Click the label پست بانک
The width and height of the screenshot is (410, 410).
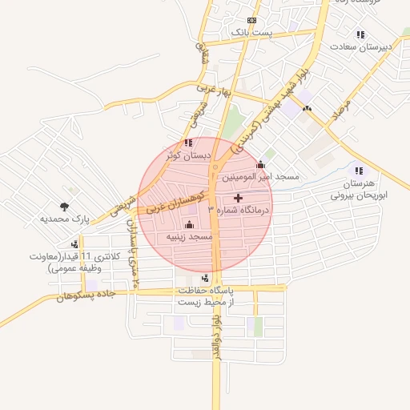tap(251, 32)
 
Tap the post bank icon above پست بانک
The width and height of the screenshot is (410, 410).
tap(251, 20)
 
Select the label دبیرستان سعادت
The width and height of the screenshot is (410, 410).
tap(366, 46)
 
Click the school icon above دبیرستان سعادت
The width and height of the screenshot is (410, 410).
tap(360, 34)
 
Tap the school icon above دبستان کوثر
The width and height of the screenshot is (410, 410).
tap(187, 143)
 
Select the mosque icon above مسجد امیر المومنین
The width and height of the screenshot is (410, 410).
tap(259, 164)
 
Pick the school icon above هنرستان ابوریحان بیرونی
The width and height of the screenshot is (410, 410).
tap(359, 170)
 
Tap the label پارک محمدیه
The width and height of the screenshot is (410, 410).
tap(63, 218)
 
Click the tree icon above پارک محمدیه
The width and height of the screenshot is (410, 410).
tap(64, 206)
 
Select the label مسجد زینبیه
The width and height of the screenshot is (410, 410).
tap(189, 238)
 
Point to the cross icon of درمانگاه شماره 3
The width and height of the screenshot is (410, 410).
tap(238, 198)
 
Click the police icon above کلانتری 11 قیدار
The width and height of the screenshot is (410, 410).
tap(75, 244)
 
